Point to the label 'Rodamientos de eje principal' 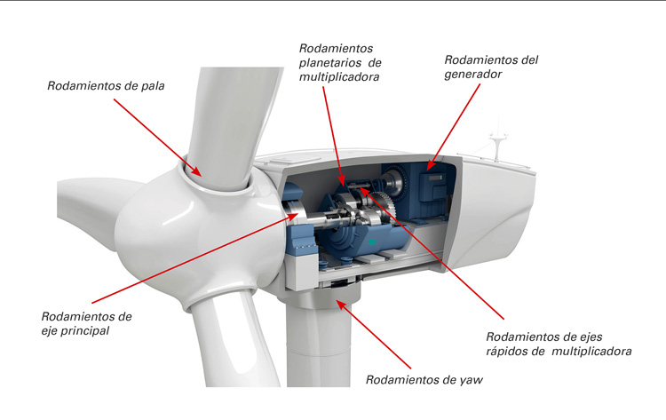pos(86,323)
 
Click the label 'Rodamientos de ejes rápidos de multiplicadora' pos(559,344)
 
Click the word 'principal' pos(93,331)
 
